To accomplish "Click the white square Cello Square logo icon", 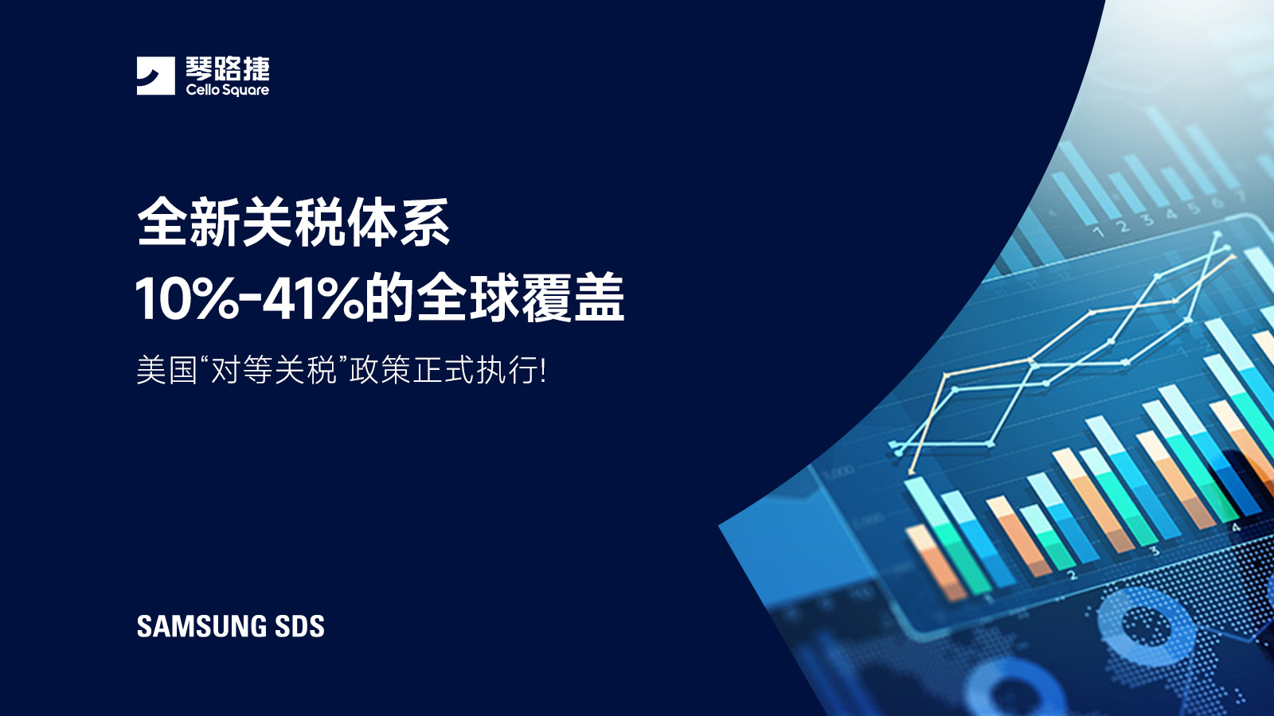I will coord(155,76).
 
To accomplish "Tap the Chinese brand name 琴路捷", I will coord(228,68).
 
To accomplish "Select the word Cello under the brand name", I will coord(202,90).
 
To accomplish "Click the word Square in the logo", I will coord(246,91).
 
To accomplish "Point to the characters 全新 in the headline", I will coord(189,223).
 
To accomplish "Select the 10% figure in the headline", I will coord(187,299).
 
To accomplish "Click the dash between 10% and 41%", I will coord(250,301).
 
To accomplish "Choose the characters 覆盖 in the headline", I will coord(573,299).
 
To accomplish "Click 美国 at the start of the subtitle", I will coord(166,371).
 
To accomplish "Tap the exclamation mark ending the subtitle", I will coord(543,371).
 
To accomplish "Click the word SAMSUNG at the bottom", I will coord(201,627).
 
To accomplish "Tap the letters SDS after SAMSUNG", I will coord(299,627).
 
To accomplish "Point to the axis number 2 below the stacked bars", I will coord(1072,574).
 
